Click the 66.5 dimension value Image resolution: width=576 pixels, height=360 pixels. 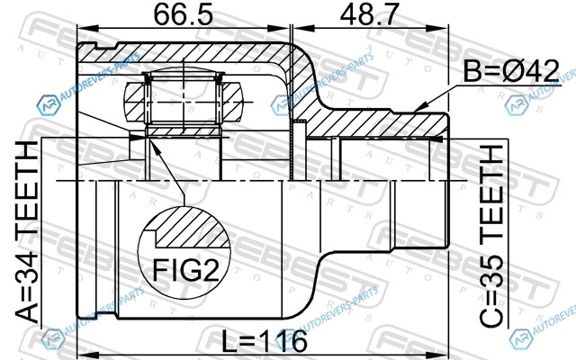pyautogui.click(x=183, y=15)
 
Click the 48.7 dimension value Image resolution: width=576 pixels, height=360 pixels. pyautogui.click(x=369, y=15)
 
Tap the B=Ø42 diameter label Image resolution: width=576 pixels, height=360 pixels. pyautogui.click(x=511, y=71)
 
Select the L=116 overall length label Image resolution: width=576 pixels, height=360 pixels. pyautogui.click(x=265, y=341)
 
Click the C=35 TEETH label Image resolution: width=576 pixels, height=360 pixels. pyautogui.click(x=491, y=236)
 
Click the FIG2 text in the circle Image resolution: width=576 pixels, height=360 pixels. pyautogui.click(x=185, y=270)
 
